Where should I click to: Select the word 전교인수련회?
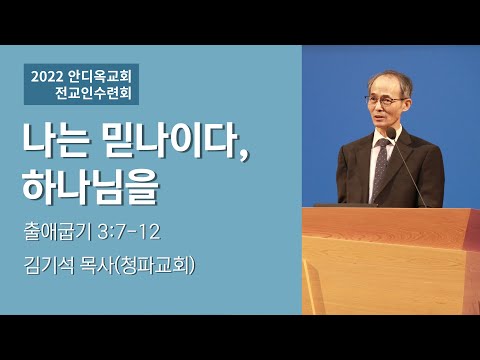[x=98, y=95]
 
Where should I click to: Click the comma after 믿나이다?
[x=244, y=156]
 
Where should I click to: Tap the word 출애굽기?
[x=64, y=232]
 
